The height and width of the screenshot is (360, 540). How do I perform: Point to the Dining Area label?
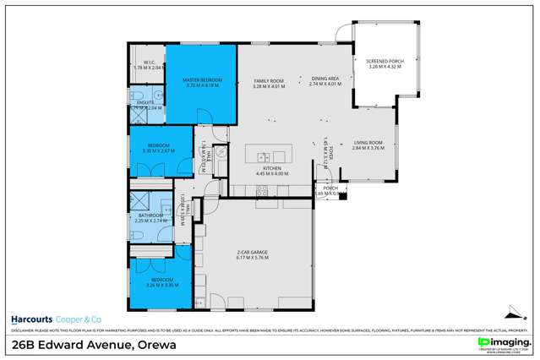(324, 79)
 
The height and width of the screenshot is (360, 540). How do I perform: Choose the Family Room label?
(270, 80)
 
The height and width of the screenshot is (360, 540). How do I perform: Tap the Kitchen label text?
(270, 168)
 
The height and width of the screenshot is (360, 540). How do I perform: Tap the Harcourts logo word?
(31, 319)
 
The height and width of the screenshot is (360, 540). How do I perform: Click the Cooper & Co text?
(79, 319)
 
